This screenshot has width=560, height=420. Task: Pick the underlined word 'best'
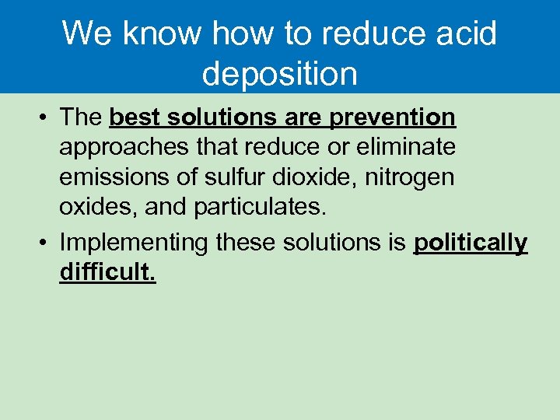click(136, 117)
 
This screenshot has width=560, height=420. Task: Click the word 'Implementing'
click(134, 243)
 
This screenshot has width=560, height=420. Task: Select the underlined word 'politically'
click(471, 243)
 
